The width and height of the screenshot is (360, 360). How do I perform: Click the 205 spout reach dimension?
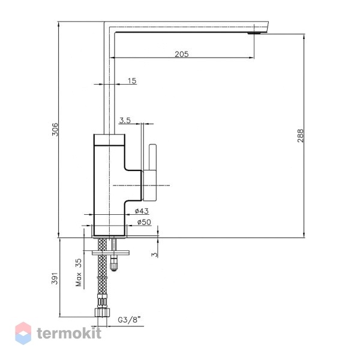coord(182,54)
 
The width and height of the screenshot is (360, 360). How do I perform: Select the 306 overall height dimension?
coord(55,130)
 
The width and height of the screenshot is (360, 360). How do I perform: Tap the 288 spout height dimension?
coord(301,136)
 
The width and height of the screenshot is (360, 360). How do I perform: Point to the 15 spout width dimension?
coord(132,81)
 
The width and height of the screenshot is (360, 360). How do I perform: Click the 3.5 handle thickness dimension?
coord(125,120)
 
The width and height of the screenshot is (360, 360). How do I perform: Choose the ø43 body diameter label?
coord(142,211)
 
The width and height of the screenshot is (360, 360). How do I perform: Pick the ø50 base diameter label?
coord(144,222)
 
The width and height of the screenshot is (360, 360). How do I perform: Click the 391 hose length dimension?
coord(55,278)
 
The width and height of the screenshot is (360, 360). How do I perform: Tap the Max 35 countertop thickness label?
coord(79,272)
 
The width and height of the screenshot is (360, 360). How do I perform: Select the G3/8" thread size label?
coord(129,320)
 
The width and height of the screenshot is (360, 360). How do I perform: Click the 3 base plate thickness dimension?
coord(155,254)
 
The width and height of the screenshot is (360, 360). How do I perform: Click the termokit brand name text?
coord(69,333)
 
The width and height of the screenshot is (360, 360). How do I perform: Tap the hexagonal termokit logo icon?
coord(23,333)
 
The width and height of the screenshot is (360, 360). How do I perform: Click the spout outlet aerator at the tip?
coord(254,34)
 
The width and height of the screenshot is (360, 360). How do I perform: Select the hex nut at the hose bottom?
coord(102,313)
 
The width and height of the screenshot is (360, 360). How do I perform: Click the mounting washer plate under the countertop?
coord(110,253)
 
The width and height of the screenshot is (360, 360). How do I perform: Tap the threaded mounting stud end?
coord(114,264)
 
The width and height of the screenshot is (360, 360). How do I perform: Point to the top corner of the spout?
coord(104,22)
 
